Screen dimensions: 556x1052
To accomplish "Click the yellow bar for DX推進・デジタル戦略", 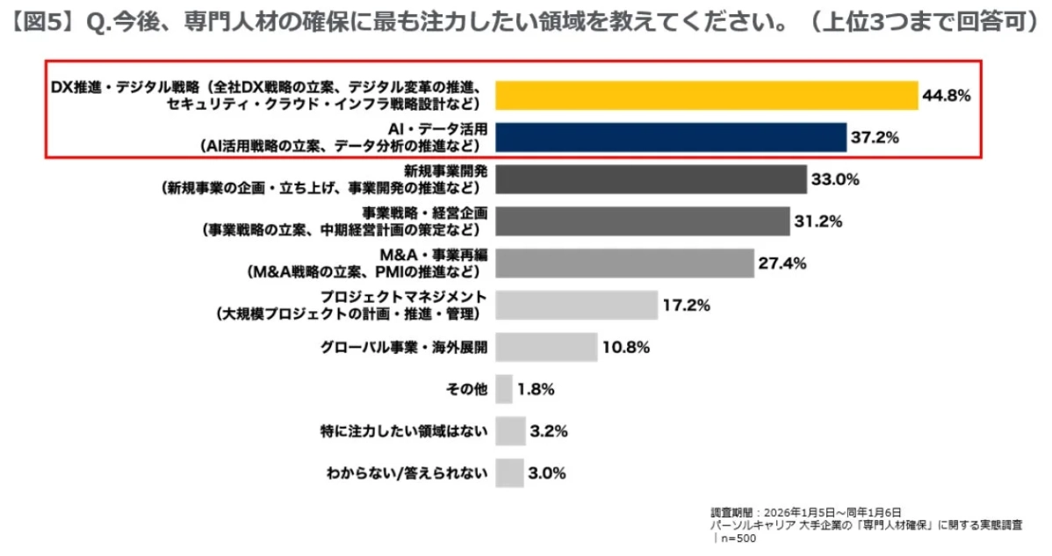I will coord(705,95).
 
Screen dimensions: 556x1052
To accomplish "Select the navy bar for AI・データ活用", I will coord(670,137).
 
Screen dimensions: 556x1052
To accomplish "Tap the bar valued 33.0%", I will coord(651,179).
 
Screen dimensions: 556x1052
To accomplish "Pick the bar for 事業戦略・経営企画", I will coord(643,221).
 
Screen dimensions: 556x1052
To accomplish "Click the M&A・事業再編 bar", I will coord(624,263).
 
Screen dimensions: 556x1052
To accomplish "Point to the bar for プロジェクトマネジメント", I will coord(576,305).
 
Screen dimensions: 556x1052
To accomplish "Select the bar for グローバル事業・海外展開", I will coord(546,347).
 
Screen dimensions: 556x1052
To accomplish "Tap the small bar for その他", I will coord(504,388).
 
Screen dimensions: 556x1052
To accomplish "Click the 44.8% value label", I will coord(946,96).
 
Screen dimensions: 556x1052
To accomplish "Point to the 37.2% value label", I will coord(875,138).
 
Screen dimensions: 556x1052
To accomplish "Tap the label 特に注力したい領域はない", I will coord(403,431).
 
